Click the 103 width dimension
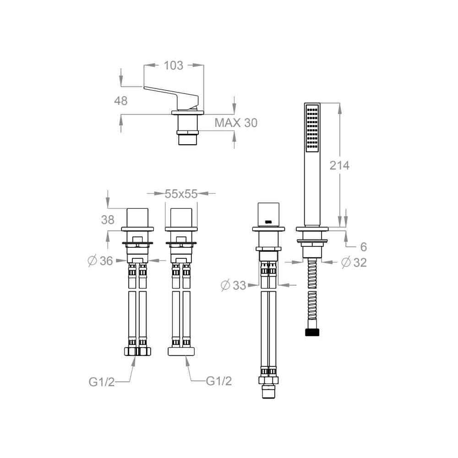point(173,65)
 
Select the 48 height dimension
point(120,101)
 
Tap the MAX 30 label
point(236,123)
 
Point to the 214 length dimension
point(339,165)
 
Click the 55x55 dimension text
point(181,194)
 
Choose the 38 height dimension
point(108,220)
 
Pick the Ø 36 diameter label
point(100,261)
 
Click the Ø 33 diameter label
point(234,285)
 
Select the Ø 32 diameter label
point(354,262)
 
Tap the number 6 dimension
point(363,247)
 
